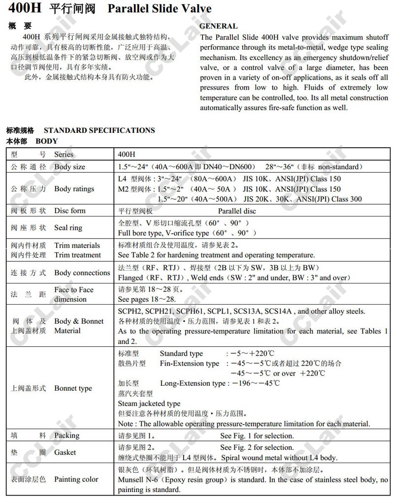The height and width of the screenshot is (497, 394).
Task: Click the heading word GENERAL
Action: (218, 26)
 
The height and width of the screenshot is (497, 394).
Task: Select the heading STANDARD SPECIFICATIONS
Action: (99, 130)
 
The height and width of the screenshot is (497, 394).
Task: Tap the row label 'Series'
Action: (64, 154)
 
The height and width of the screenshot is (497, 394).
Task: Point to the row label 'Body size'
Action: (69, 167)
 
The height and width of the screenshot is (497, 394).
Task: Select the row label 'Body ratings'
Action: (74, 188)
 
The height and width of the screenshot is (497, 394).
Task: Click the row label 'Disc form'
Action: (69, 211)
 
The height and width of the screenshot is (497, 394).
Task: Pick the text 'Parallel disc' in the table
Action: (237, 211)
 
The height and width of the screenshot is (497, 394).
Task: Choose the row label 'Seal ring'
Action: (68, 228)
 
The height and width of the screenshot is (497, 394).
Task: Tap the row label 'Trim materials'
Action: (77, 246)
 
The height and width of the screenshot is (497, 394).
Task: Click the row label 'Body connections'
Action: (82, 273)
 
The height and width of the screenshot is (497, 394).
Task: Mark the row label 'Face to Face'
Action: (74, 290)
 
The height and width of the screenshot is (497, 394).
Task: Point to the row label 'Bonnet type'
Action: (73, 388)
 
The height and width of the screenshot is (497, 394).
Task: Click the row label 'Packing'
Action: (66, 435)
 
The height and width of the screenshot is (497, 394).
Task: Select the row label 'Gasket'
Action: (65, 452)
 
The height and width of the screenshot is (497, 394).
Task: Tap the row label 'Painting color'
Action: (76, 479)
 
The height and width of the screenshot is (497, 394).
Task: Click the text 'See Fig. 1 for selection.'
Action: (257, 435)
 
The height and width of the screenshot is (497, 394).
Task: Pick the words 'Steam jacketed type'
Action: (149, 404)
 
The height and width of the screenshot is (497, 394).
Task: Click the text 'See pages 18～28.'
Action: (147, 299)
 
